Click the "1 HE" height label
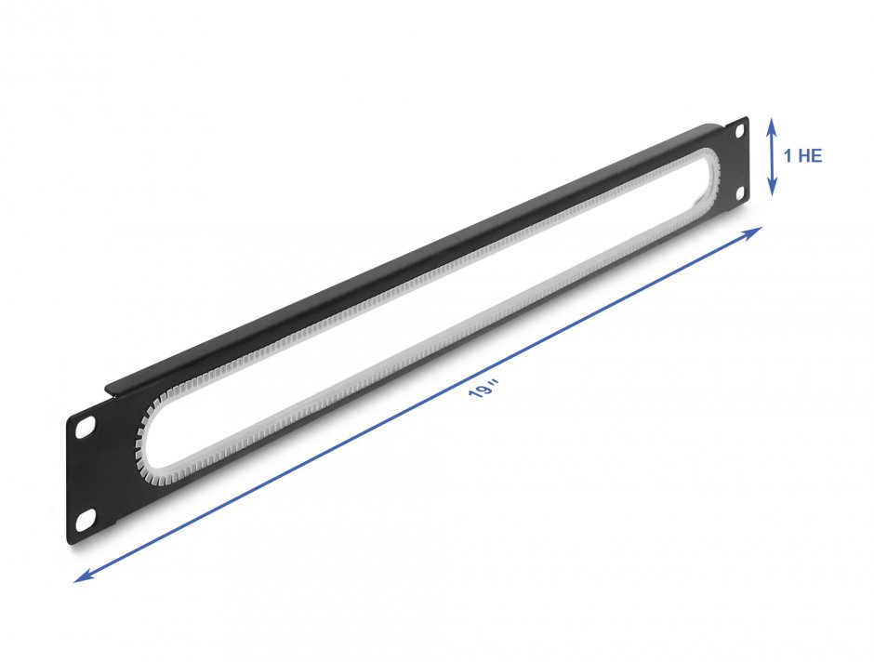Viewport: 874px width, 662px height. click(802, 156)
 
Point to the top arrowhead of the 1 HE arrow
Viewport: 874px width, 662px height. click(772, 124)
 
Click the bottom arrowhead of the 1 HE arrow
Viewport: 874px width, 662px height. click(772, 190)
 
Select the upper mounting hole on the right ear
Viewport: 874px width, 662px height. click(740, 132)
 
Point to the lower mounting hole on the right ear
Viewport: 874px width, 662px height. click(740, 192)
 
